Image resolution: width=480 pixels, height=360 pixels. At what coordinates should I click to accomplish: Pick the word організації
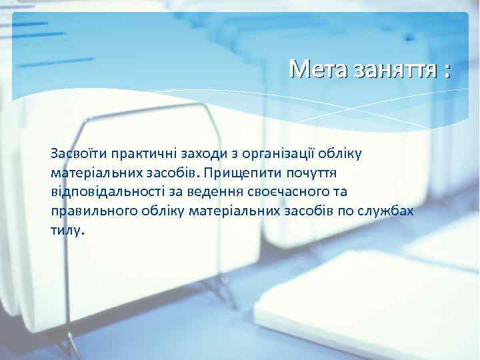coord(283,155)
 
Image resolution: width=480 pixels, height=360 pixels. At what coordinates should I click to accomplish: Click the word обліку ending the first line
coord(339,154)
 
